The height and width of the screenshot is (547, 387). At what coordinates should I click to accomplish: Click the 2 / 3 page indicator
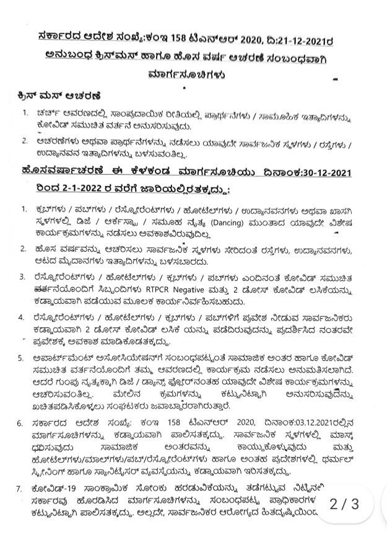tap(346, 504)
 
